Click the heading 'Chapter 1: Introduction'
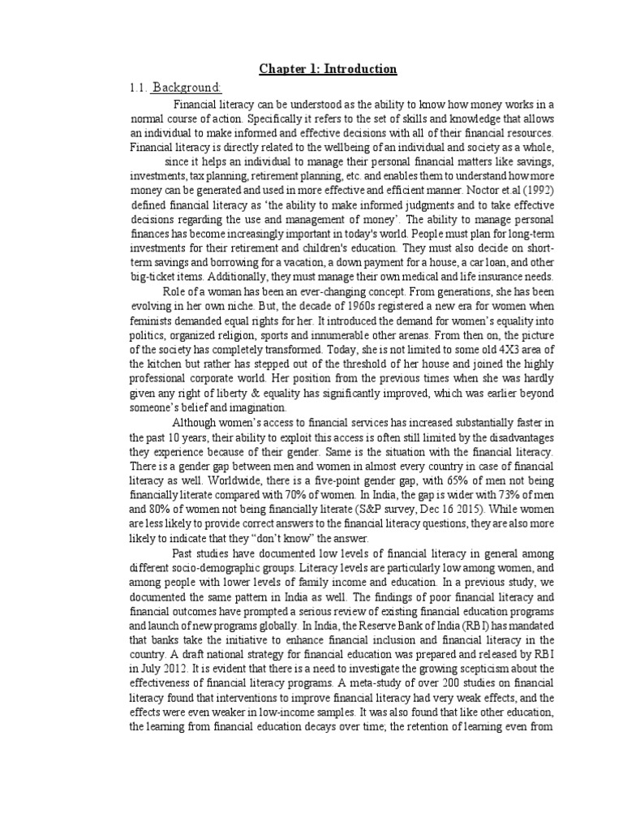click(328, 69)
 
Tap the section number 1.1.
click(135, 88)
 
